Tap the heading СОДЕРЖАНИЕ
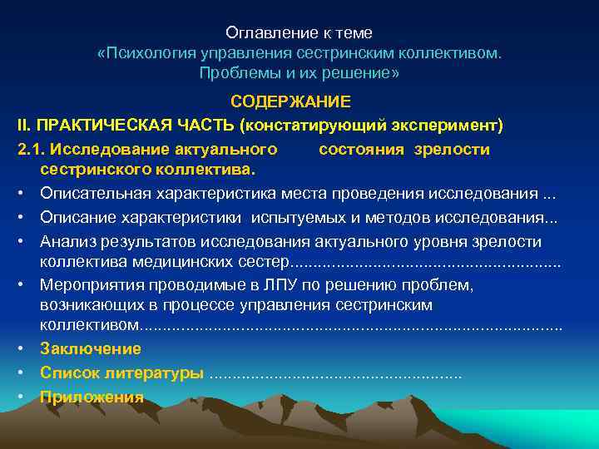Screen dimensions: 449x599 pos(290,103)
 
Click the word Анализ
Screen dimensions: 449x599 pos(66,242)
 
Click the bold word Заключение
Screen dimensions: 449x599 pos(90,349)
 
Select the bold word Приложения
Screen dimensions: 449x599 pos(92,397)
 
